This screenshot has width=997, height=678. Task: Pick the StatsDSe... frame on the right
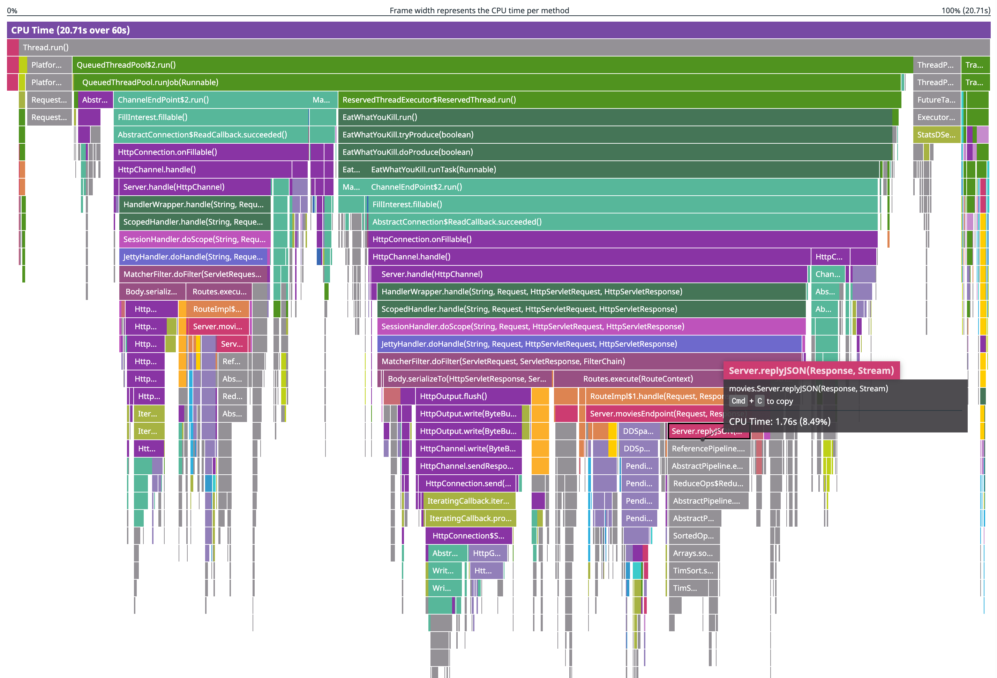(x=936, y=135)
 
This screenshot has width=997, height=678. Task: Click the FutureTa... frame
(x=936, y=100)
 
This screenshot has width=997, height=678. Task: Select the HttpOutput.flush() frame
(x=472, y=396)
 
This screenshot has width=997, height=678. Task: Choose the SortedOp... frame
(x=693, y=536)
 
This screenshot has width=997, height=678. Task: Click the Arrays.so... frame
(x=693, y=553)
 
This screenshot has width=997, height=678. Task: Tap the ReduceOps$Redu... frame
(x=708, y=484)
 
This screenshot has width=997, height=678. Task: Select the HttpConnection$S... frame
(x=468, y=536)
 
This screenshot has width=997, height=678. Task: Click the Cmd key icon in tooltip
(x=738, y=401)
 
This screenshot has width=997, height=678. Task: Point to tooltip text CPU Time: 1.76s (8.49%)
(x=780, y=422)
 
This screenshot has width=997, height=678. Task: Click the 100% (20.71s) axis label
(x=965, y=11)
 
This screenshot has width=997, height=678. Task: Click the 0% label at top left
(x=12, y=11)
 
